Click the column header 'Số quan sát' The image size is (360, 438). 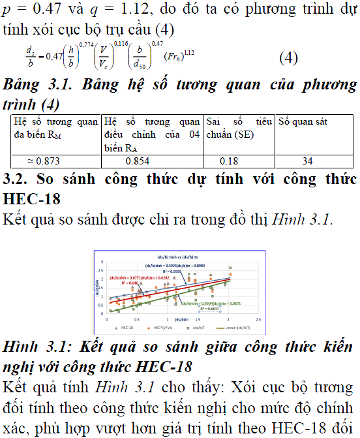pyautogui.click(x=303, y=122)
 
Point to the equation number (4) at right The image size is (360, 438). pyautogui.click(x=289, y=57)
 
